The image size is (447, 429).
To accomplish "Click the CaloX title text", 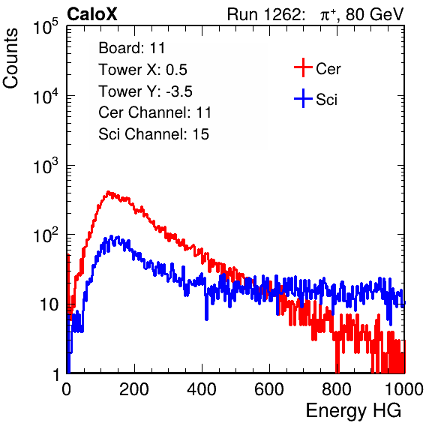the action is pyautogui.click(x=92, y=14).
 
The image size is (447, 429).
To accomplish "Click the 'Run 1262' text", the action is pyautogui.click(x=264, y=14).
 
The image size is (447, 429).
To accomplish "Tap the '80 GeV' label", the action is pyautogui.click(x=375, y=14).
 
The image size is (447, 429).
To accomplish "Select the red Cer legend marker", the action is pyautogui.click(x=303, y=67).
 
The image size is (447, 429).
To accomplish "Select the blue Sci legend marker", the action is pyautogui.click(x=303, y=98).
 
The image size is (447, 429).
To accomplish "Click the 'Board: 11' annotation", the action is pyautogui.click(x=132, y=47).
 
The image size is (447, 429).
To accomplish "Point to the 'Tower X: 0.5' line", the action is pyautogui.click(x=142, y=69).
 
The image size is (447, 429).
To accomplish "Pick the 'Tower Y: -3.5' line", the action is pyautogui.click(x=145, y=91).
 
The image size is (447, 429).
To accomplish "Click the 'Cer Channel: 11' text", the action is pyautogui.click(x=154, y=112).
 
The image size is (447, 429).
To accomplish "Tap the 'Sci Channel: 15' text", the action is pyautogui.click(x=154, y=133).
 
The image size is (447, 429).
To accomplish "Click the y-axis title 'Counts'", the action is pyautogui.click(x=10, y=58).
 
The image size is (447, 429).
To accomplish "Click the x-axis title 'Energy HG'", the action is pyautogui.click(x=353, y=411).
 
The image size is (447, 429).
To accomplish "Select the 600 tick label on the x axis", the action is pyautogui.click(x=269, y=389).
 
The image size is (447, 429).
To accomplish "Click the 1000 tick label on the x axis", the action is pyautogui.click(x=404, y=389).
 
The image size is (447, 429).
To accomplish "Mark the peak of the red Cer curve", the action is pyautogui.click(x=108, y=192).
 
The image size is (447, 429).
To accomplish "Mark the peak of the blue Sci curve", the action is pyautogui.click(x=112, y=236).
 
